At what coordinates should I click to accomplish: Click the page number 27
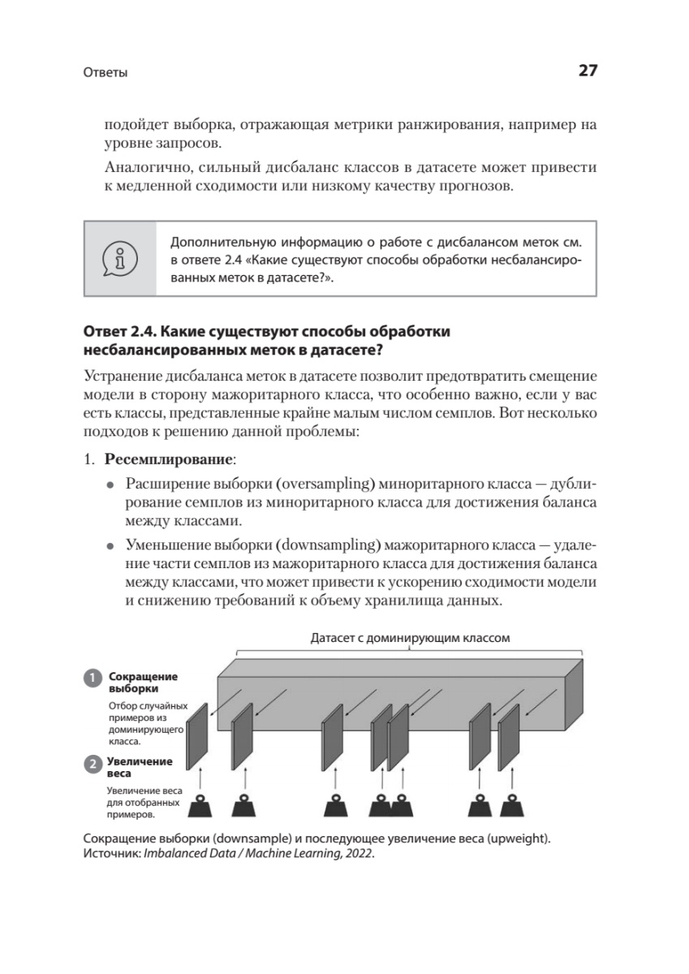tap(588, 71)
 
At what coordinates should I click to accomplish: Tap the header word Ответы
tap(106, 73)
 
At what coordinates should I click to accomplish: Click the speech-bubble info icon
tap(119, 259)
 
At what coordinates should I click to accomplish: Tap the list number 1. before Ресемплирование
tap(90, 459)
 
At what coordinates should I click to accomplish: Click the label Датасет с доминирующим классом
tap(410, 637)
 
